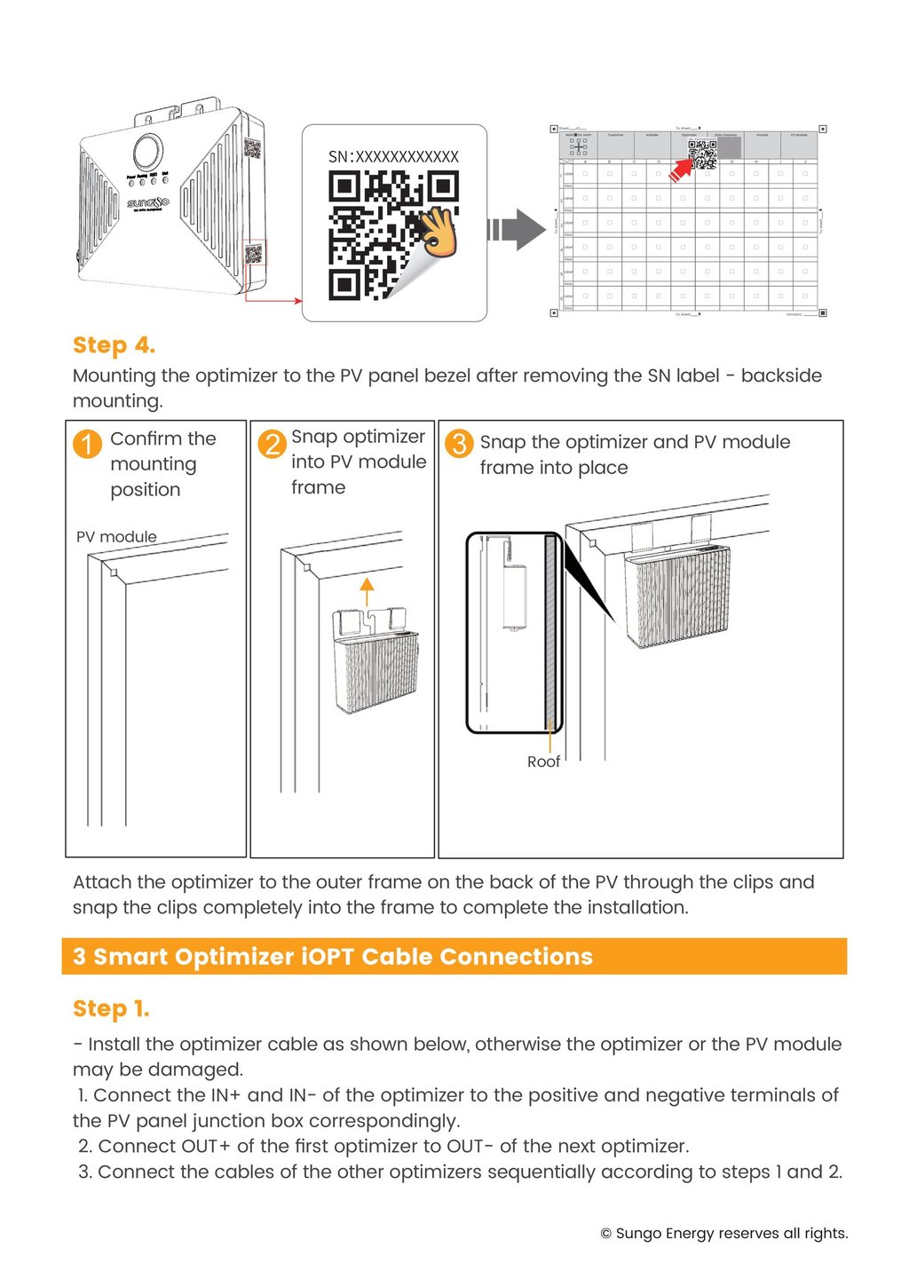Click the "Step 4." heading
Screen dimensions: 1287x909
pos(114,345)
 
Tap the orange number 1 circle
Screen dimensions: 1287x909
pos(87,443)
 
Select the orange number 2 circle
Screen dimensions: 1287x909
pos(272,442)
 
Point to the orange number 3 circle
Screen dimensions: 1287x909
pos(459,443)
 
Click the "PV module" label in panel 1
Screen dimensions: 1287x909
pos(116,537)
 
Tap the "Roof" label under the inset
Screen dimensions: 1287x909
pos(543,762)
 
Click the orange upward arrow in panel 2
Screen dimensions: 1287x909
pos(367,590)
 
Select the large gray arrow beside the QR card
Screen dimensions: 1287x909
pos(518,231)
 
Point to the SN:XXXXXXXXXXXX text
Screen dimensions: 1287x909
pos(393,157)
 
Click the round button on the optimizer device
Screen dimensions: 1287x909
pos(148,150)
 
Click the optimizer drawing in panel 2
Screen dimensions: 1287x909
pos(375,661)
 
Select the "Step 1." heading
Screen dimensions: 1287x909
pos(111,1009)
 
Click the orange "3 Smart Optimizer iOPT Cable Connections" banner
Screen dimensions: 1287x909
pos(454,957)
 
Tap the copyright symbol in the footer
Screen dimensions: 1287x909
pos(606,1234)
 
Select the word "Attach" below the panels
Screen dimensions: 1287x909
pos(101,882)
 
